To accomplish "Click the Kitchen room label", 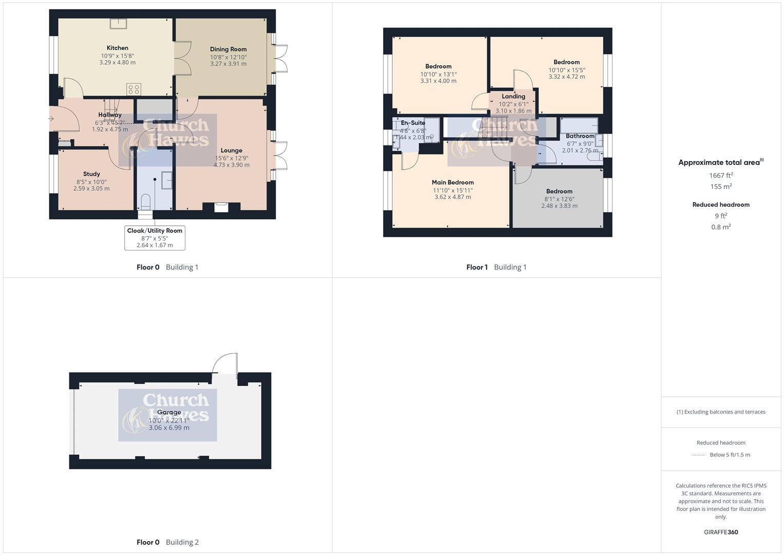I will [117, 48].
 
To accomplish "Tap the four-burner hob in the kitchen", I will [133, 89].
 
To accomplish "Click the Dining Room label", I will [228, 49].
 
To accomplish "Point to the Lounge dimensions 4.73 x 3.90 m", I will [232, 165].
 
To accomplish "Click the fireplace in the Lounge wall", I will [221, 207].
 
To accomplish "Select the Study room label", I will [91, 174].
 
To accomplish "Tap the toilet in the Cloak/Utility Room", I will [145, 201].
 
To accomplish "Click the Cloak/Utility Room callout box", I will [155, 237].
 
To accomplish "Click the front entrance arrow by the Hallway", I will [51, 119].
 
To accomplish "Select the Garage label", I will [169, 412].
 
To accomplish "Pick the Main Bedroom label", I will [452, 182].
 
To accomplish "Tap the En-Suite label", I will [413, 123].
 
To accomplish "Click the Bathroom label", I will [580, 136].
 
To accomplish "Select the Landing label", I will [513, 96].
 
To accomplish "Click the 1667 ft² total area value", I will [721, 175].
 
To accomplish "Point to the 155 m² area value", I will [721, 187].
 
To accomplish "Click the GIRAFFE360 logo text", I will [721, 532].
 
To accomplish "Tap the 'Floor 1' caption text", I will [477, 267].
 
